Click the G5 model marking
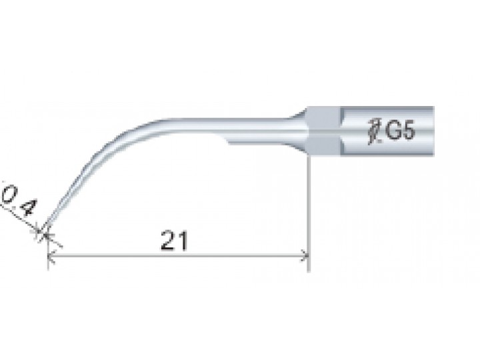400,131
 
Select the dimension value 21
174,241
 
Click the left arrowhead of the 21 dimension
51,255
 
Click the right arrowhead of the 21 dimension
305,255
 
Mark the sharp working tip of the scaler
45,234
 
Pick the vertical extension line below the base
309,213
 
